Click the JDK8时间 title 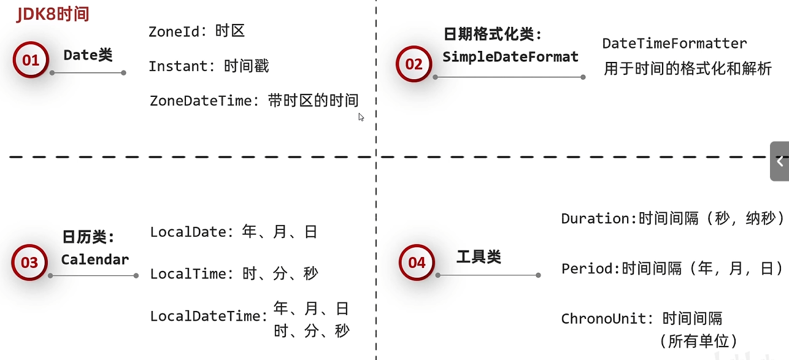tap(53, 14)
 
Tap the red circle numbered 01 tap(31, 60)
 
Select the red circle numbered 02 tap(414, 64)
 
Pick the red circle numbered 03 tap(29, 263)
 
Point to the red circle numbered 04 tap(417, 263)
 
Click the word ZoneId tap(174, 32)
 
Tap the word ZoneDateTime tap(201, 101)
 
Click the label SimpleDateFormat tap(510, 57)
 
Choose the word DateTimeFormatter tap(674, 44)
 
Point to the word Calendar tap(95, 259)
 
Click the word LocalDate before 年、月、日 tap(188, 232)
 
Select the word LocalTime tap(188, 274)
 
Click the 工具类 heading tap(479, 257)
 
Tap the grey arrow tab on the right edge tap(780, 162)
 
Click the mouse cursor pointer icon tap(361, 117)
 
